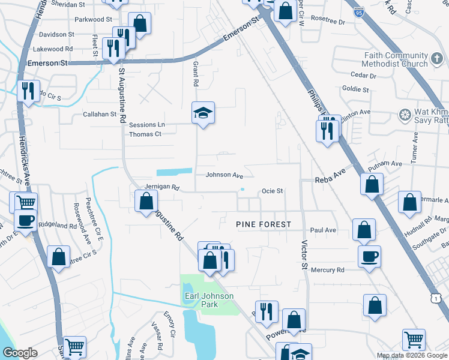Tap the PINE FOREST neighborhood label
pyautogui.click(x=263, y=224)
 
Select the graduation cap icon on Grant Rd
pyautogui.click(x=203, y=112)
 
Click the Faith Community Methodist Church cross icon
pyautogui.click(x=437, y=59)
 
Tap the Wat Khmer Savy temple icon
pyautogui.click(x=404, y=114)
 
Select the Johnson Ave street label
pyautogui.click(x=224, y=176)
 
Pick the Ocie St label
pyautogui.click(x=271, y=191)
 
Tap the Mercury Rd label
pyautogui.click(x=327, y=270)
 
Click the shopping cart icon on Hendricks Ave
pyautogui.click(x=25, y=203)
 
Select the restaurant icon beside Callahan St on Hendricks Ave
pyautogui.click(x=28, y=91)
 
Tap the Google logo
pyautogui.click(x=20, y=353)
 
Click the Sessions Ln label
pyautogui.click(x=146, y=125)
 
